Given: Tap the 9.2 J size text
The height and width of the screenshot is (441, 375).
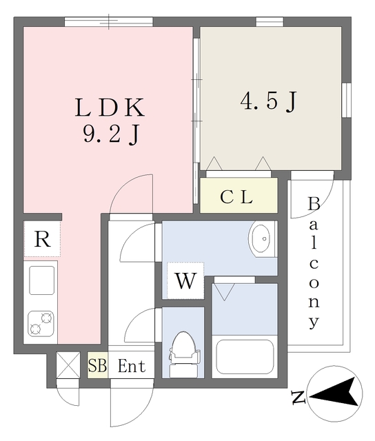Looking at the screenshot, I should [110, 134].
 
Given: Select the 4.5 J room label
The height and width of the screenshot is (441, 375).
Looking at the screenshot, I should [268, 101].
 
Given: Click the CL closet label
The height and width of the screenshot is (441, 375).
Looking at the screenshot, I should [236, 196].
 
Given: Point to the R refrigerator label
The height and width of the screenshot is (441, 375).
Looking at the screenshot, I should [42, 240].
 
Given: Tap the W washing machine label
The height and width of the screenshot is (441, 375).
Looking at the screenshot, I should [185, 281].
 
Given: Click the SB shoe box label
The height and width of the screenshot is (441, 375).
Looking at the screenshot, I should [97, 366].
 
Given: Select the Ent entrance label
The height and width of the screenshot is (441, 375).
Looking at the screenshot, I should [131, 366].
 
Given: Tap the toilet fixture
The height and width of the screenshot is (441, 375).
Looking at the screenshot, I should [184, 353].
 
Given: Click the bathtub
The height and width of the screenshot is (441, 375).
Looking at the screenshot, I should [245, 355].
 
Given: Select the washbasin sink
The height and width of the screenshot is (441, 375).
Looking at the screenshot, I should [263, 239].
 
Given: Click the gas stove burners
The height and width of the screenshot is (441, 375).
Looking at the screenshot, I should [41, 322].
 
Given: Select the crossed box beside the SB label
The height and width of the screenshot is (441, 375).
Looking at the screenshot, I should [68, 365].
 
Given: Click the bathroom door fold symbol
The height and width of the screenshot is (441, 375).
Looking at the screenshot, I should [223, 291].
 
